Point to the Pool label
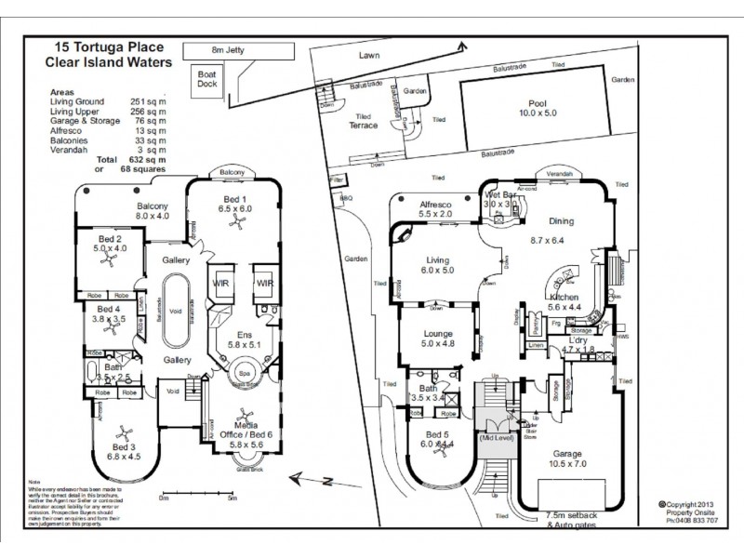[529, 106]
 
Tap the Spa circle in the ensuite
[246, 369]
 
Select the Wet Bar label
[499, 194]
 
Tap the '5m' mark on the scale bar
[232, 499]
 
